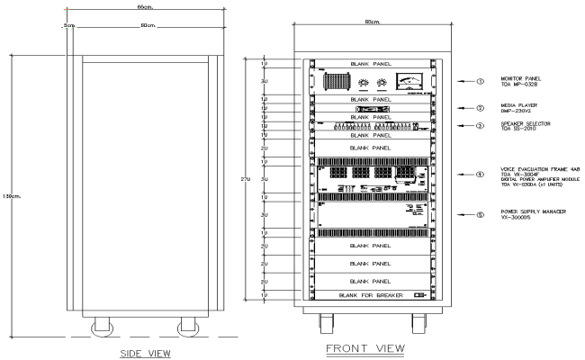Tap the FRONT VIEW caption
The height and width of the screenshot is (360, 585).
(x=366, y=348)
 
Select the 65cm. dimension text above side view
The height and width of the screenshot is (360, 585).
(x=143, y=6)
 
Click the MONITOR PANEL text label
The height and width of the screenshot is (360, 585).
(x=520, y=79)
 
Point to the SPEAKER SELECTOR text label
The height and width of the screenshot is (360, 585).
(x=524, y=122)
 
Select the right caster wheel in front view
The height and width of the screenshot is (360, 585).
(x=419, y=321)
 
